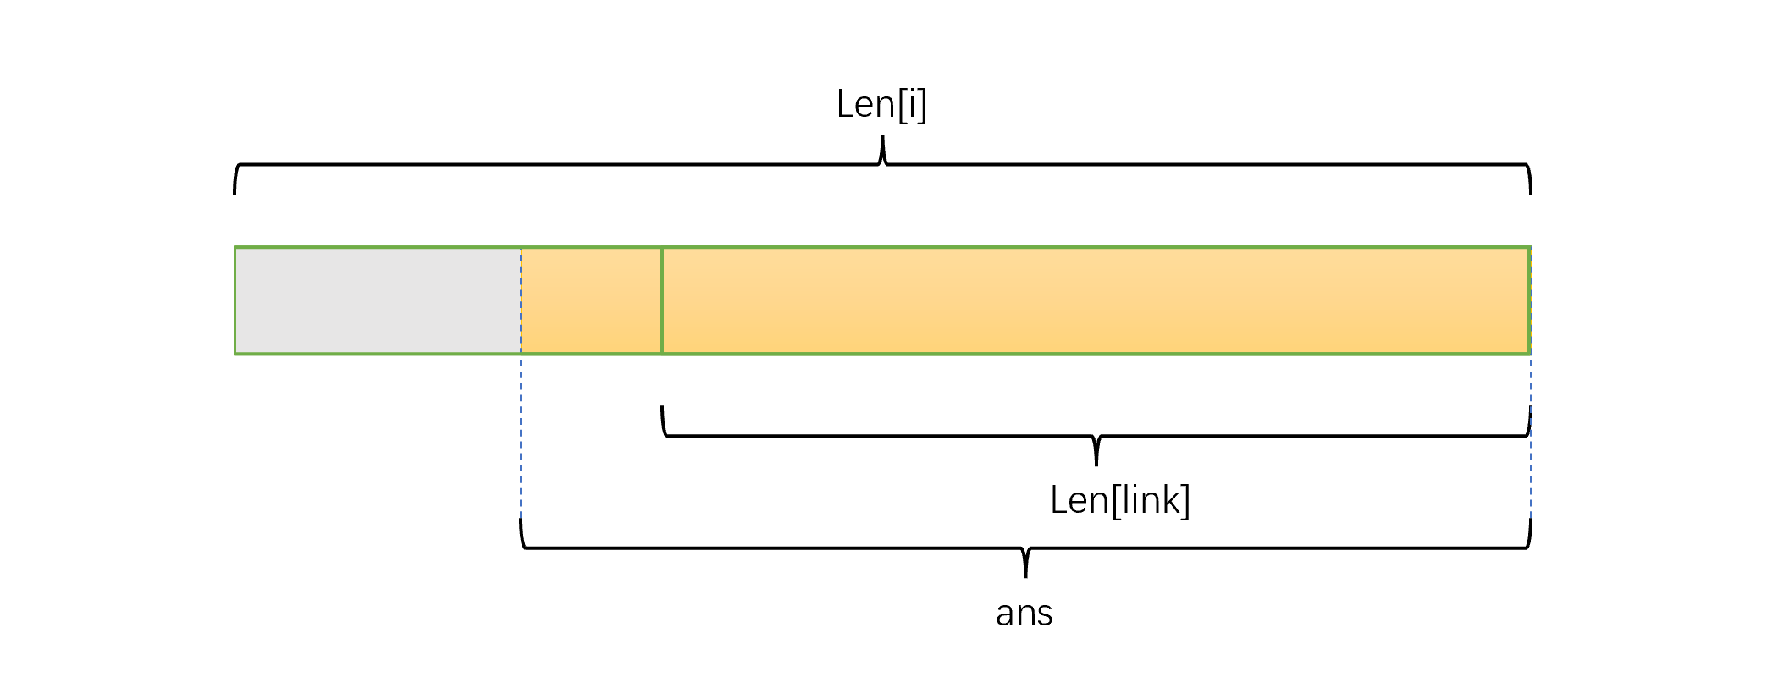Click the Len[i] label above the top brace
(881, 105)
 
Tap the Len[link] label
(1119, 500)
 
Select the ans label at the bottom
(1024, 614)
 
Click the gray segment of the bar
(378, 300)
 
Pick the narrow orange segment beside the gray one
(591, 300)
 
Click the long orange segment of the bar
(1096, 300)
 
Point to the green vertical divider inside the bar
(662, 300)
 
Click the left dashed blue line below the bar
(521, 436)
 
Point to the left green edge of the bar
(235, 300)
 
